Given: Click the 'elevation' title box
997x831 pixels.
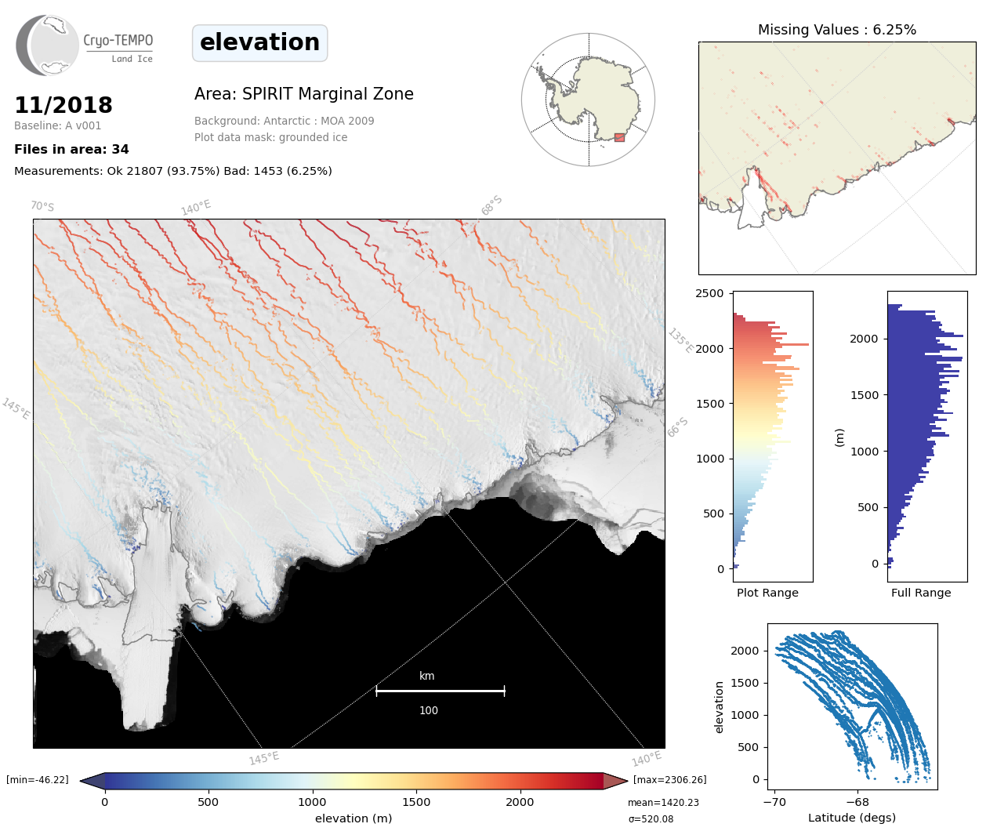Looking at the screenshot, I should [259, 42].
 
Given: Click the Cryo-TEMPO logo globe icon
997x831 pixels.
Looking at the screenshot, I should [47, 45].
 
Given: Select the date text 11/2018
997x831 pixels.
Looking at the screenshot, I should [63, 105].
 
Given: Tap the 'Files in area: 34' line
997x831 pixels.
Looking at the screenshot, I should [71, 149].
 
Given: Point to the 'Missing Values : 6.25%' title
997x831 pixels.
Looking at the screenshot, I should [836, 30].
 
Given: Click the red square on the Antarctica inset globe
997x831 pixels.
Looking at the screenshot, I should [619, 137].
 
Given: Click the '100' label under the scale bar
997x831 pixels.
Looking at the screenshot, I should [428, 710].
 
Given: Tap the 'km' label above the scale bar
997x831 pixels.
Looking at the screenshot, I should [426, 676].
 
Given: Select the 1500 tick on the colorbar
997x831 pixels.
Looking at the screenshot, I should [416, 801].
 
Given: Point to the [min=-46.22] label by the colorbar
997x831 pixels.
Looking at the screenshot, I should [38, 779].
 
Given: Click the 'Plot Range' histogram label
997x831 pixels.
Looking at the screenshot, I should [767, 593].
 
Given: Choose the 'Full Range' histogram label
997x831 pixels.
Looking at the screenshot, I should [921, 593].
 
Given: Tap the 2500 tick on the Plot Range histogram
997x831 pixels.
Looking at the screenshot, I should [710, 293].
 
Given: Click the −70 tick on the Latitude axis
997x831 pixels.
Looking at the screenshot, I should [774, 802].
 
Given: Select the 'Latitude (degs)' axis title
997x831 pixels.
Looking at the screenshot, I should [852, 818].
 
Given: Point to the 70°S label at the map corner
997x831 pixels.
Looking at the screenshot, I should [42, 206].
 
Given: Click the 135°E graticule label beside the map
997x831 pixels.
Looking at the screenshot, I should [680, 341].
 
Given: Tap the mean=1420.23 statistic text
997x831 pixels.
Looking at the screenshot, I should [663, 803].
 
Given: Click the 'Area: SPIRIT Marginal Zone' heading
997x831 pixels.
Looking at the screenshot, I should [304, 94].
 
